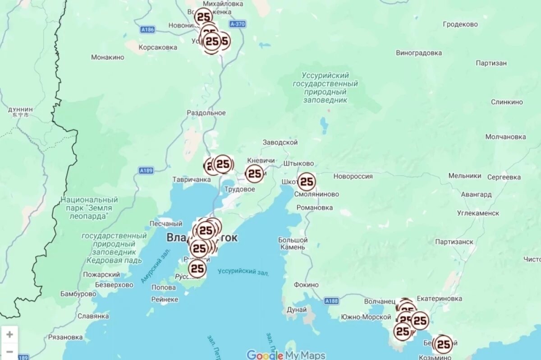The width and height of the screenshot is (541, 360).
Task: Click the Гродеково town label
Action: [460, 24]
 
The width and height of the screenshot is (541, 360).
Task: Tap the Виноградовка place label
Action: [419, 53]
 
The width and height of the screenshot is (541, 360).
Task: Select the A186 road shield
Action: [147, 30]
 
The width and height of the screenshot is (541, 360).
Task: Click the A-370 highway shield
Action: [237, 24]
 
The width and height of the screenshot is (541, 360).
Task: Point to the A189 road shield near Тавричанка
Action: [146, 171]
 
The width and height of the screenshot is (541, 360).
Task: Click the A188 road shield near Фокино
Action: [331, 300]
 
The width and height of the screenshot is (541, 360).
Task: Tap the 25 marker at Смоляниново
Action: [307, 182]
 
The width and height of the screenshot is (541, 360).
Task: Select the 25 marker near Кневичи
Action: [254, 174]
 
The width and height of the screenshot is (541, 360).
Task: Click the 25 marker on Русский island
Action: [197, 269]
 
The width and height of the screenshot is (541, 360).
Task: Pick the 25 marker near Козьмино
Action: [443, 344]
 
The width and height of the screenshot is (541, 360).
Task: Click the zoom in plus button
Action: [9, 335]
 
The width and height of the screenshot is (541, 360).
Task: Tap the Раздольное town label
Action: [206, 113]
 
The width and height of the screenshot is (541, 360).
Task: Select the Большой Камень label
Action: [293, 244]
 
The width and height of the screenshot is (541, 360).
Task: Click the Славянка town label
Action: [93, 316]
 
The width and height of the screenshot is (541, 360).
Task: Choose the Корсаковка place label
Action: [158, 47]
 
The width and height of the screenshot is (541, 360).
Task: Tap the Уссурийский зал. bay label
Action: [243, 272]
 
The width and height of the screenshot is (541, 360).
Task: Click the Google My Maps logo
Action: [286, 355]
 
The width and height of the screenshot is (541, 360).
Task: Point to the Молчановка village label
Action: [505, 137]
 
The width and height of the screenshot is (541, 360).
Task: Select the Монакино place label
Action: [108, 57]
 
